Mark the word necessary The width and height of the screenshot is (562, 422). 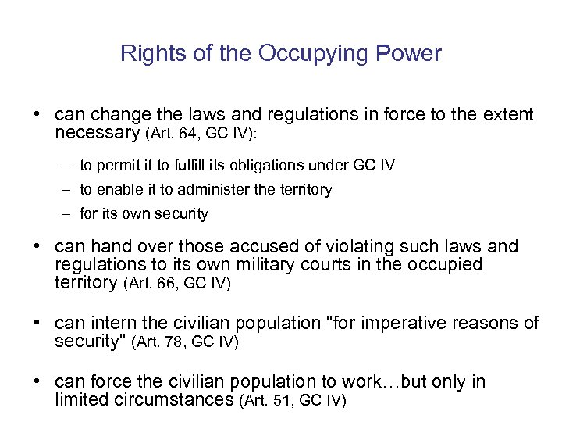coord(98,134)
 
